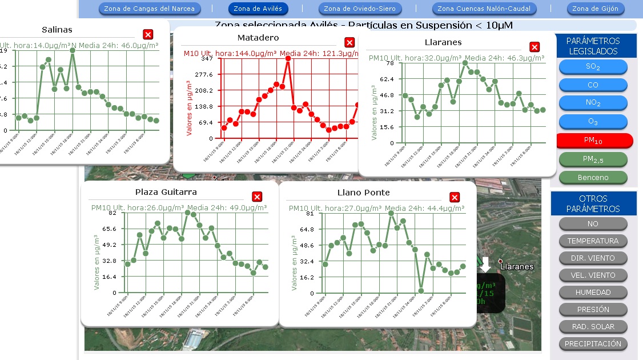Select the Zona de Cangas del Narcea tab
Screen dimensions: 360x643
pos(150,9)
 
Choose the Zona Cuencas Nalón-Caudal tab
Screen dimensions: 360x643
pos(484,9)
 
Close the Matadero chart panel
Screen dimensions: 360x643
pos(349,42)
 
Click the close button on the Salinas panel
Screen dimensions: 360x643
pos(148,34)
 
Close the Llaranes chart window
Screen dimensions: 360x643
pos(535,47)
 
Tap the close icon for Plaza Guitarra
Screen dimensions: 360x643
pos(257,197)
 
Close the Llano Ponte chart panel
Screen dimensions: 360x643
pos(455,197)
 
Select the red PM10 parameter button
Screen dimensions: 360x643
pos(593,141)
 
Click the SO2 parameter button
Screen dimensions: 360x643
pos(593,67)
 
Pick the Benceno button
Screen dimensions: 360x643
pos(593,177)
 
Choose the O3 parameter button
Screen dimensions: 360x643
pos(593,122)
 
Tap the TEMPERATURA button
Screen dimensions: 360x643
pos(593,241)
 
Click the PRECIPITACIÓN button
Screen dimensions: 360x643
pos(593,343)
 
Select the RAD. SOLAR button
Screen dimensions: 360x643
pos(593,326)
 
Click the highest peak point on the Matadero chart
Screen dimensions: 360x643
pos(288,58)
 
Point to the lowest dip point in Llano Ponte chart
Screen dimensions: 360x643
pos(421,291)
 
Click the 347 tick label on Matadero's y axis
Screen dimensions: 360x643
pos(207,58)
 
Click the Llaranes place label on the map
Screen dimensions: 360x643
pos(517,266)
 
